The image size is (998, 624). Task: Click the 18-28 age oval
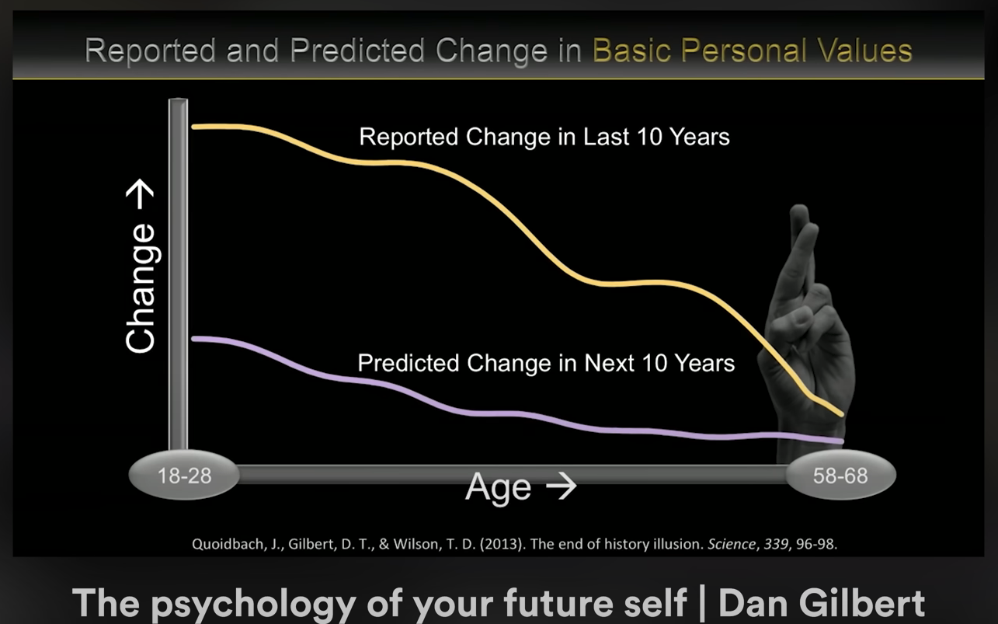click(184, 475)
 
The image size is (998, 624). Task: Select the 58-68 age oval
click(840, 475)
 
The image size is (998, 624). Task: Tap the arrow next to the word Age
click(562, 486)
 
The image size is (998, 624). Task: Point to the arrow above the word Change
click(140, 194)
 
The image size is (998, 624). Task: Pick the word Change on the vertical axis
click(141, 288)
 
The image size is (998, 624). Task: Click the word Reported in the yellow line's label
click(409, 137)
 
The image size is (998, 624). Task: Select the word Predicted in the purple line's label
click(408, 363)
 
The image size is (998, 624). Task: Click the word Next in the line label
click(609, 363)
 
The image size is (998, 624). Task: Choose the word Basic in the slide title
click(631, 51)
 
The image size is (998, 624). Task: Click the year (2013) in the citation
click(501, 544)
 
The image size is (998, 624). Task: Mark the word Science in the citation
click(732, 544)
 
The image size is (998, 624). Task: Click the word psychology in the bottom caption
click(253, 605)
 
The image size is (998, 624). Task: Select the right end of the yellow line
click(842, 414)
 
